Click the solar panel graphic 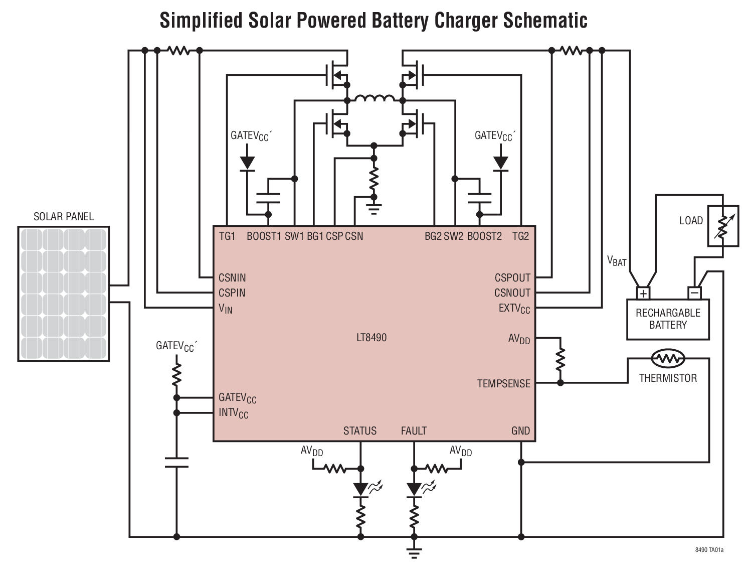64,294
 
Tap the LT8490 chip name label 371,338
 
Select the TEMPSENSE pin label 503,384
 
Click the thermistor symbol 668,358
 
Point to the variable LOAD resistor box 722,225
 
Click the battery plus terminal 643,293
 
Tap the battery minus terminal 694,293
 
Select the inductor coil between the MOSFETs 374,99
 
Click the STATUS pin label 359,431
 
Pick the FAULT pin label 414,431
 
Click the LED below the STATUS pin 360,489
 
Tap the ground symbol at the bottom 414,553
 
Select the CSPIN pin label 232,293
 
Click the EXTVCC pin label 514,309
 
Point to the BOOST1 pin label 264,236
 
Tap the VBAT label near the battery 617,261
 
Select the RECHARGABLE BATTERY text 668,319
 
